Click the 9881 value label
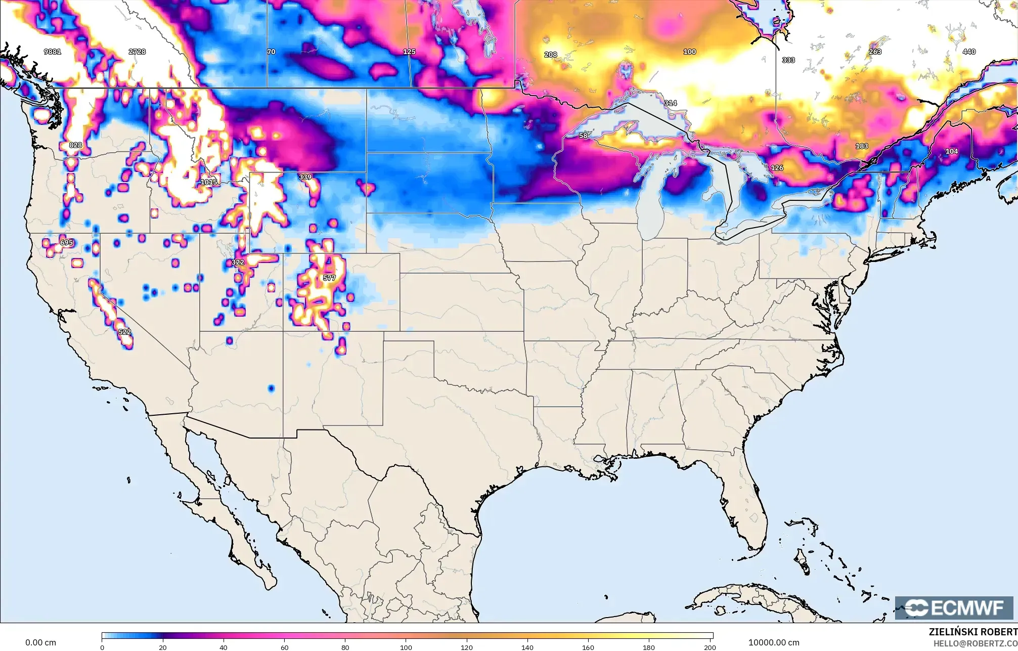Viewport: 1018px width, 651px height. click(x=52, y=52)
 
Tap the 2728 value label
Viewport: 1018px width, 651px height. click(x=137, y=52)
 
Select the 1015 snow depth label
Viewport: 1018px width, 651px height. click(x=208, y=182)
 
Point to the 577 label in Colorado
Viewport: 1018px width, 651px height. click(x=329, y=278)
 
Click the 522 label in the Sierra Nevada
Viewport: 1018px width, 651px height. click(x=124, y=332)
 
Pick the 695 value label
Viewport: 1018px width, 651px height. click(x=66, y=242)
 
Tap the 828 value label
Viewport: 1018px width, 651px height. click(x=75, y=145)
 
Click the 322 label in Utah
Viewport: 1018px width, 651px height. click(x=238, y=262)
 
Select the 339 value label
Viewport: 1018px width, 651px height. click(x=305, y=177)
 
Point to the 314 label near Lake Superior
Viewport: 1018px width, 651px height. click(x=670, y=103)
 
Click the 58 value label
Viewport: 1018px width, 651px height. click(x=583, y=136)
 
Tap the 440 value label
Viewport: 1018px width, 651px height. click(x=969, y=52)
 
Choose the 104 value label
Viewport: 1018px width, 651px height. click(x=951, y=151)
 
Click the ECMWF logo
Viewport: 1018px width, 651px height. click(x=954, y=607)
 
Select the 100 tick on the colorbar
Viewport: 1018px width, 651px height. click(x=406, y=647)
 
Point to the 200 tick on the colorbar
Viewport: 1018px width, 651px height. click(x=710, y=647)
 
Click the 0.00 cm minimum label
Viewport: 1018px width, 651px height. click(x=40, y=642)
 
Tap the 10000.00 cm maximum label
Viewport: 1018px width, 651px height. click(x=774, y=642)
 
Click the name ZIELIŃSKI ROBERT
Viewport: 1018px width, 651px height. click(x=972, y=632)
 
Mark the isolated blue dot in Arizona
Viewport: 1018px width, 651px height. click(x=271, y=388)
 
